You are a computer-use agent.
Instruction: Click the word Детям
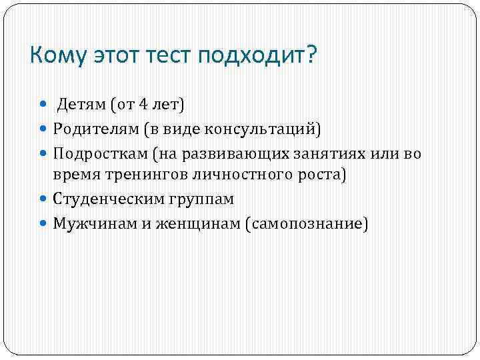click(81, 104)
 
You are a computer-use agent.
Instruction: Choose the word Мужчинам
click(95, 223)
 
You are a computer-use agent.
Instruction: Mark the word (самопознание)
click(306, 223)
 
